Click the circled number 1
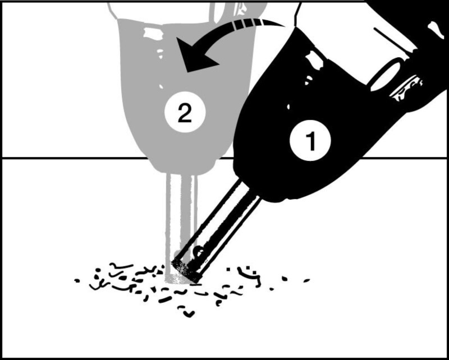(310, 140)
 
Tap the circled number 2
(185, 112)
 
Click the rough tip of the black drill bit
(186, 271)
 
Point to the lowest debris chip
(189, 314)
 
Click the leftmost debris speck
(76, 281)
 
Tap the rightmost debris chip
(306, 280)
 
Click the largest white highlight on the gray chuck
(153, 33)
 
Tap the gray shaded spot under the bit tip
(178, 279)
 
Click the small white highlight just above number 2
(161, 86)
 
